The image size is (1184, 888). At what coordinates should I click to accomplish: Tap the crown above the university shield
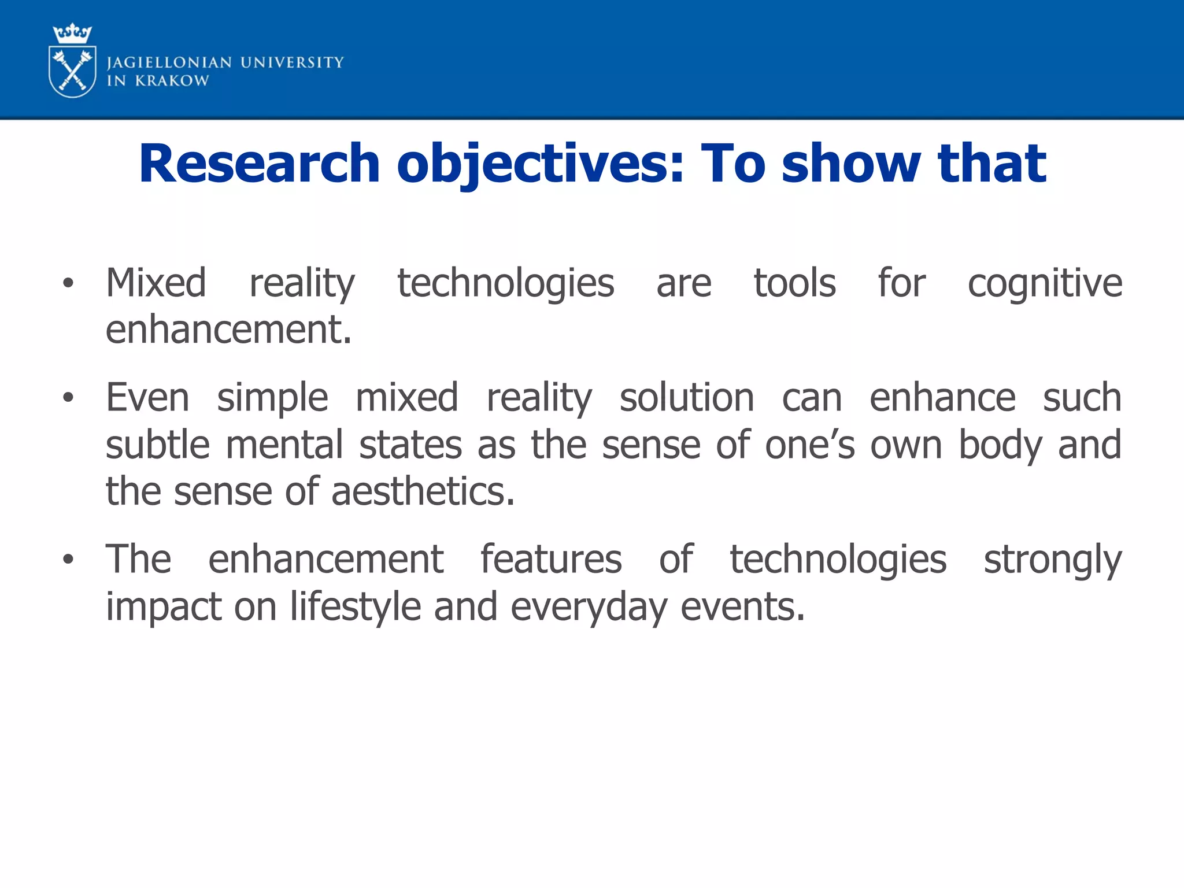(72, 34)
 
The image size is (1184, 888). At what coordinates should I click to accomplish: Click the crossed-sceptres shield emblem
(73, 73)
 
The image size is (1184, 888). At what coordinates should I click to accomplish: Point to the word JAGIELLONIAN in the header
(169, 62)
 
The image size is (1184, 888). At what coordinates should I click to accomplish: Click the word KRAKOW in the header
(172, 81)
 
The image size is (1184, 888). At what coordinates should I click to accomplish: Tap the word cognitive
(1045, 284)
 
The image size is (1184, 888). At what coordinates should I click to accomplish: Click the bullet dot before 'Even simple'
(68, 398)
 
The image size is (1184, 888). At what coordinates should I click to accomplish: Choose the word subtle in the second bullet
(157, 445)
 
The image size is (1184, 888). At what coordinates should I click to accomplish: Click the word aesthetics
(423, 491)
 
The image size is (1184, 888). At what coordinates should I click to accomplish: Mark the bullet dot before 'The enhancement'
(68, 559)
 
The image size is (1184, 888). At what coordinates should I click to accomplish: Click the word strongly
(1053, 560)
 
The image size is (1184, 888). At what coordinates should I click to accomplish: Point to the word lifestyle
(355, 607)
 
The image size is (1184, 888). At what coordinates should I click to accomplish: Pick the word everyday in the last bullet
(589, 607)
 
